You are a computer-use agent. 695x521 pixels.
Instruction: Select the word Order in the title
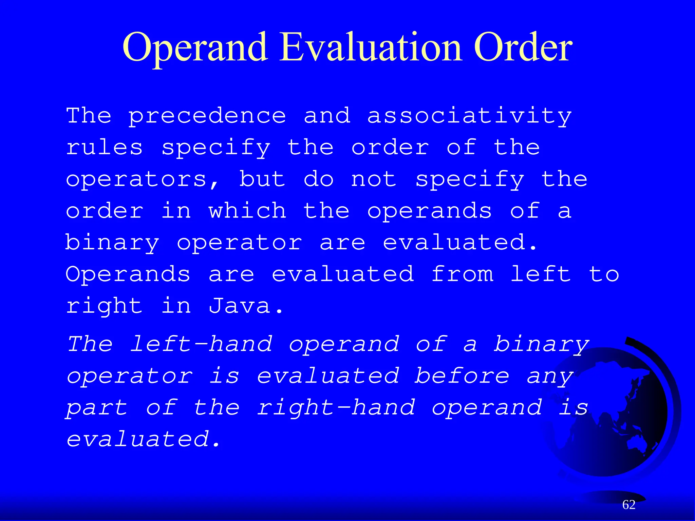523,47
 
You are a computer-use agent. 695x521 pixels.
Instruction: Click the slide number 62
629,505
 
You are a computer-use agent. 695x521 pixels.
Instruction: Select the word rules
104,148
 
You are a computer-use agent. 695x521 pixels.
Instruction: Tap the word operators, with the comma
143,180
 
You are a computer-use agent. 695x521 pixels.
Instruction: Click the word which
247,211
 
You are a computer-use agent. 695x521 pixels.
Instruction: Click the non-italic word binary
112,243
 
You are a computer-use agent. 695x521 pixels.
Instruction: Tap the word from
462,274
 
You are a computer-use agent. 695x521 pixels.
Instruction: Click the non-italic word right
104,306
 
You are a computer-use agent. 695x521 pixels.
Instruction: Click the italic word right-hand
336,407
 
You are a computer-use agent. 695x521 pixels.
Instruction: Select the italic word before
462,376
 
